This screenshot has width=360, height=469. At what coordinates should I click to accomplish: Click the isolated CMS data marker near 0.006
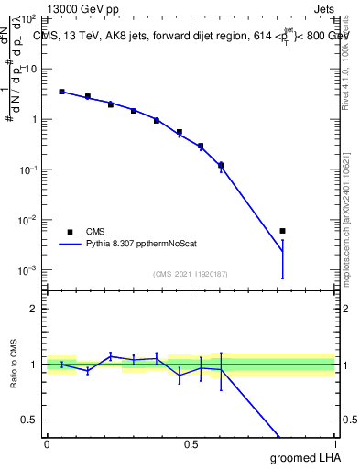[282, 231]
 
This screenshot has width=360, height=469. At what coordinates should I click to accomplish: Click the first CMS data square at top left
[61, 92]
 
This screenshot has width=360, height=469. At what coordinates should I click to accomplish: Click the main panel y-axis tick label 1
[34, 119]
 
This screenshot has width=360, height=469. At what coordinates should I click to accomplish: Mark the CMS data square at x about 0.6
[221, 166]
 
